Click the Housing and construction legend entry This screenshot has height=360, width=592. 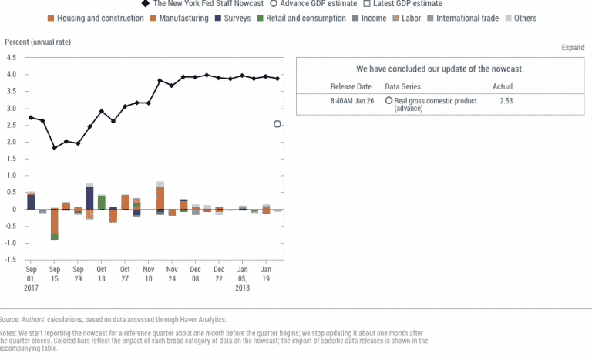pyautogui.click(x=100, y=18)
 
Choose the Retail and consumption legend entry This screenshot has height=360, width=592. pyautogui.click(x=305, y=18)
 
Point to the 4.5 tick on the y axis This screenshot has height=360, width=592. pyautogui.click(x=11, y=57)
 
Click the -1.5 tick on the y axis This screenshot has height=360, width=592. pyautogui.click(x=11, y=259)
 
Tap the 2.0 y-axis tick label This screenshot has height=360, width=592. pyautogui.click(x=11, y=142)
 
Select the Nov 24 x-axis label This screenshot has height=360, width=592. pyautogui.click(x=172, y=274)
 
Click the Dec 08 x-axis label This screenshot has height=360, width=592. pyautogui.click(x=196, y=274)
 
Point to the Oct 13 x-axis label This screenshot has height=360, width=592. pyautogui.click(x=101, y=274)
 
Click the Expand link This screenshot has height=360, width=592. pyautogui.click(x=573, y=48)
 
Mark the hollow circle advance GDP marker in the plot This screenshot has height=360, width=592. pyautogui.click(x=277, y=124)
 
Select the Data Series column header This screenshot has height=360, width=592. pyautogui.click(x=404, y=86)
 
